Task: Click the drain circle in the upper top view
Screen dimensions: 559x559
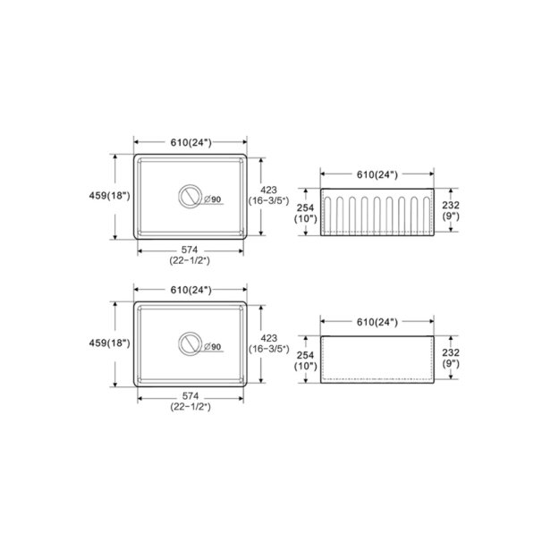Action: [190, 198]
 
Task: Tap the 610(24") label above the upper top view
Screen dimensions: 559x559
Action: [190, 143]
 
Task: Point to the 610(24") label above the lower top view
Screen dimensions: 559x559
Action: [190, 290]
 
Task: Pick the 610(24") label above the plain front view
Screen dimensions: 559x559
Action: [376, 320]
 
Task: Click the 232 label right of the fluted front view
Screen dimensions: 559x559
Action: [450, 206]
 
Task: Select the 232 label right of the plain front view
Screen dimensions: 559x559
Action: [450, 352]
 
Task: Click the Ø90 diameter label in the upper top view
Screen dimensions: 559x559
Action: [212, 199]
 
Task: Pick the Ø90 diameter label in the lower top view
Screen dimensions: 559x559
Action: [212, 345]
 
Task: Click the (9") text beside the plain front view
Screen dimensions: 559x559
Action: [450, 364]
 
